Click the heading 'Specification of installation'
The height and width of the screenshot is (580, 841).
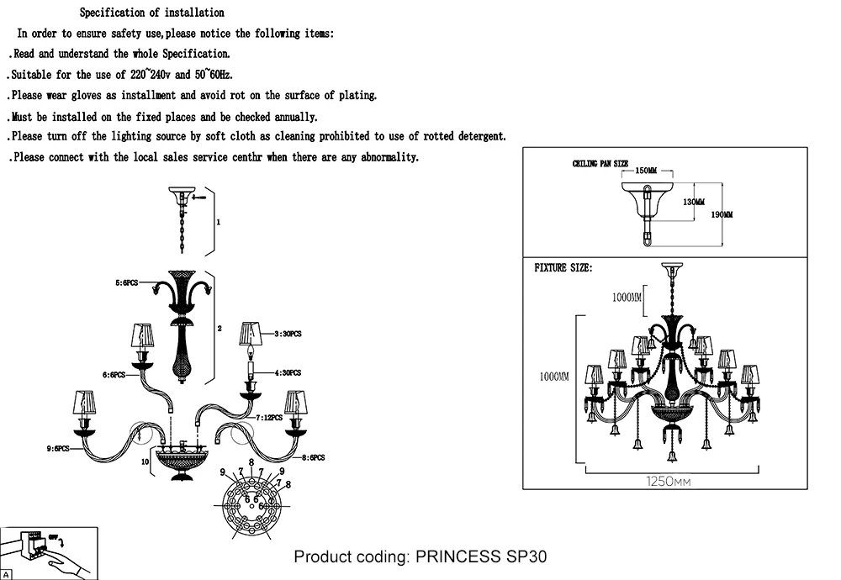[151, 13]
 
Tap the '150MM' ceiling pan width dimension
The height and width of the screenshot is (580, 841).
[646, 171]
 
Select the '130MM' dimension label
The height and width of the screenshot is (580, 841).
[694, 202]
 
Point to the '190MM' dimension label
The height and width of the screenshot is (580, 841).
[722, 215]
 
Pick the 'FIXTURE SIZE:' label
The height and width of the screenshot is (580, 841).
[563, 268]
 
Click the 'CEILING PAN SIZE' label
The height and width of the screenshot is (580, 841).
[600, 164]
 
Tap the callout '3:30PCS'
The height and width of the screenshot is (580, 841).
[287, 334]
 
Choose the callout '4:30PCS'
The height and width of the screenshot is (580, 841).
[287, 372]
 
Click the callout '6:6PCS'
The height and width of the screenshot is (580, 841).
[114, 375]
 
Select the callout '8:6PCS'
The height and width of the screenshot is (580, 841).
[312, 457]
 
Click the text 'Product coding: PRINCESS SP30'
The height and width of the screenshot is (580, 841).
[420, 557]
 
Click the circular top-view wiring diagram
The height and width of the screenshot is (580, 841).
[250, 505]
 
